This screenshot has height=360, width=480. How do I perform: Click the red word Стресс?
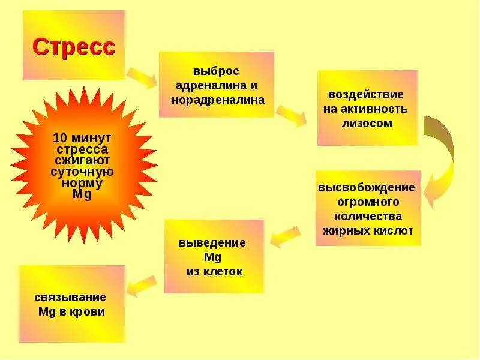coord(73,47)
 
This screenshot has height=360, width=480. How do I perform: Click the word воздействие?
coord(365,95)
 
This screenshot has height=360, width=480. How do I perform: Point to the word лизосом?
coord(367,124)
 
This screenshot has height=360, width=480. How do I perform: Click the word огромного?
coord(368,202)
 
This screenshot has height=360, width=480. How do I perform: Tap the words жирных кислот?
coord(368,230)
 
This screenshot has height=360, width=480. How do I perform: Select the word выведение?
coord(212,242)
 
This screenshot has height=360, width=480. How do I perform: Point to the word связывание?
coord(70,297)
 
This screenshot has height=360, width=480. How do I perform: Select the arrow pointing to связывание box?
coord(142,285)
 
